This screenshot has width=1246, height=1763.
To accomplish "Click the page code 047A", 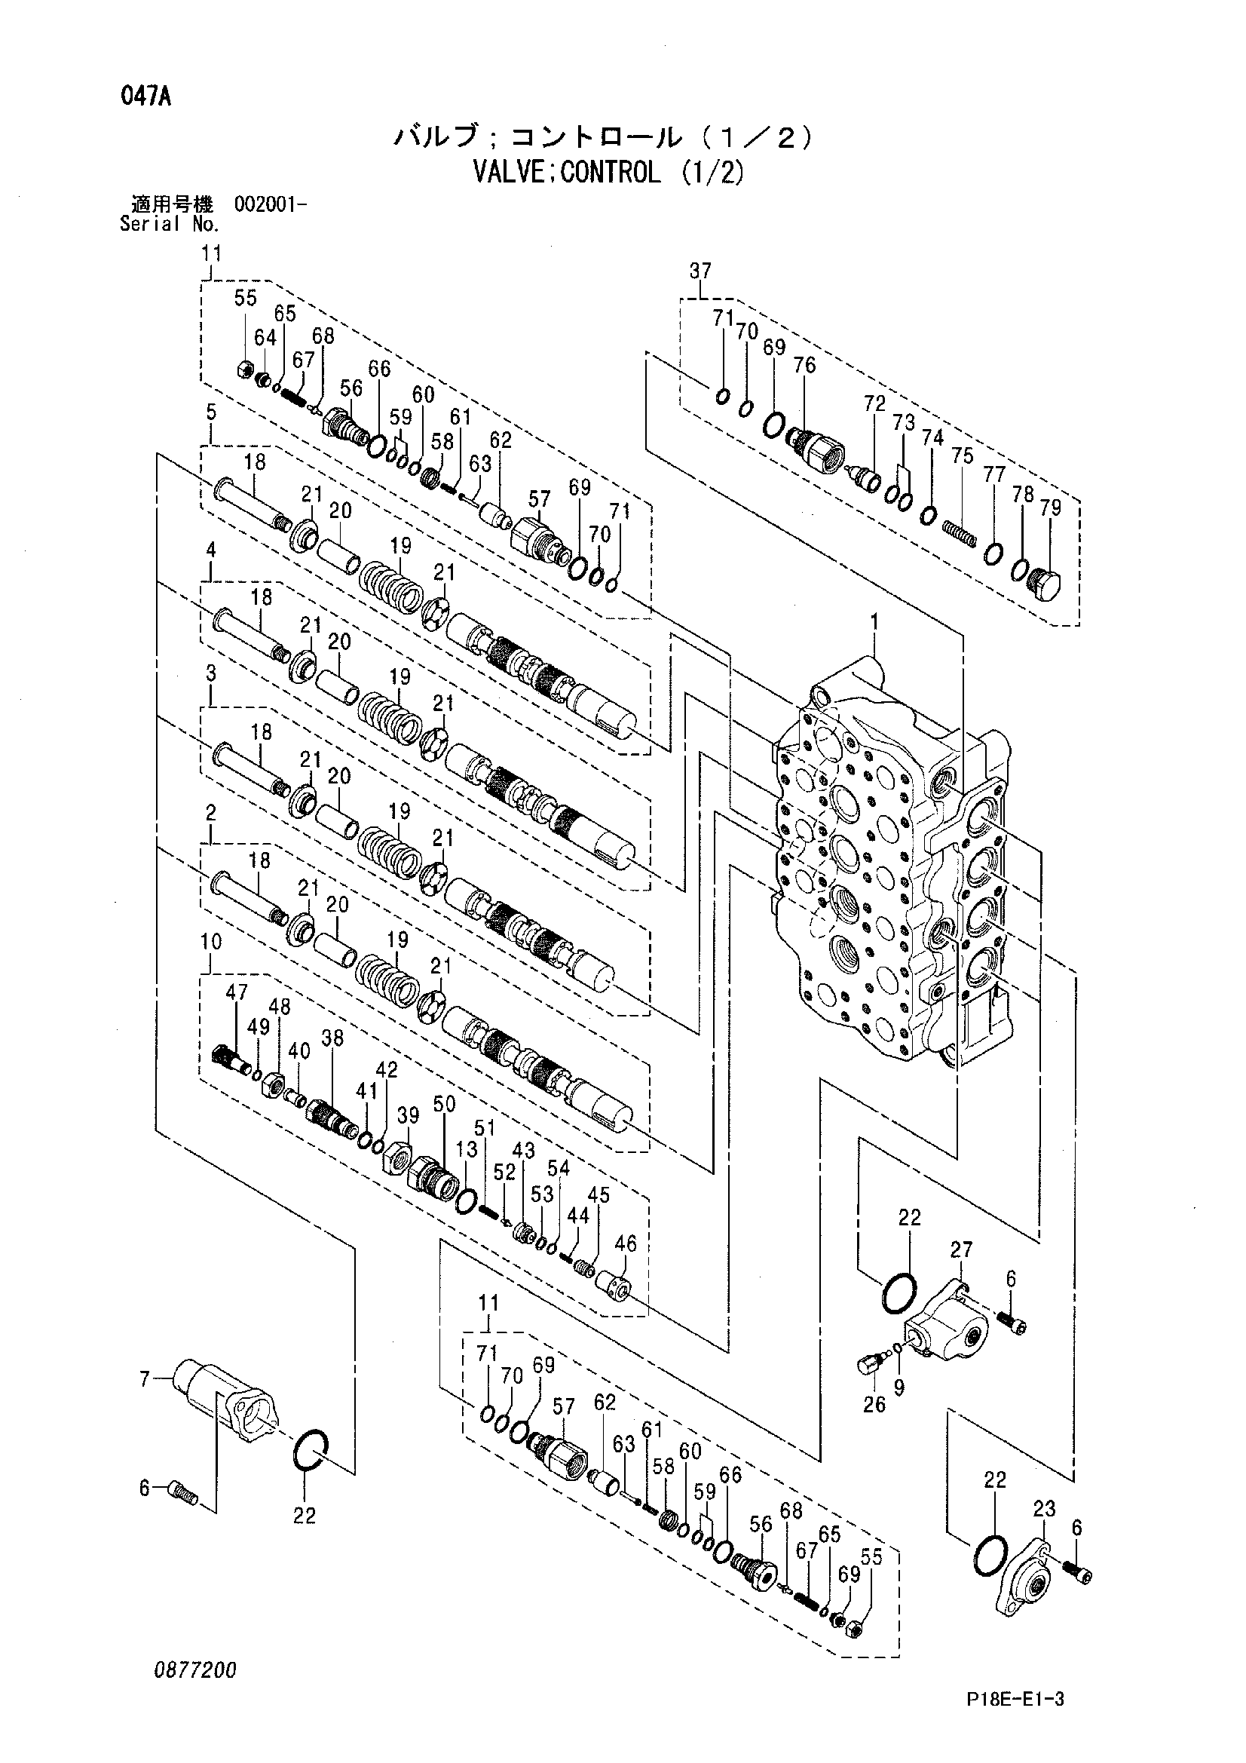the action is pyautogui.click(x=145, y=98).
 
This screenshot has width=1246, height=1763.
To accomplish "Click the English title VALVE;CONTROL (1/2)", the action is pyautogui.click(x=609, y=172).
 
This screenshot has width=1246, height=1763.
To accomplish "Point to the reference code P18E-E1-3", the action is pyautogui.click(x=1015, y=1699).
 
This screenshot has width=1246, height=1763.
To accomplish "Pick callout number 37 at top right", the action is pyautogui.click(x=700, y=270).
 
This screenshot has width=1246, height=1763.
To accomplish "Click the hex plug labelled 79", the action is pyautogui.click(x=1042, y=587).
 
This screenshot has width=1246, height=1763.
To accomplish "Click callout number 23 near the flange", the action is pyautogui.click(x=1044, y=1508).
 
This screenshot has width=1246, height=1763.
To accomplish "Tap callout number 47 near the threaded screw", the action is pyautogui.click(x=237, y=992).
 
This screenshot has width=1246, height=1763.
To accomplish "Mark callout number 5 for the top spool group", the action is pyautogui.click(x=211, y=412).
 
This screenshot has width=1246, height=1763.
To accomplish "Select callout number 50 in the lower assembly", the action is pyautogui.click(x=445, y=1104).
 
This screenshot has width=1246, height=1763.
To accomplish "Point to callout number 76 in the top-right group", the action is pyautogui.click(x=804, y=366).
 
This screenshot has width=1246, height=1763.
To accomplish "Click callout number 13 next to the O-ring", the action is pyautogui.click(x=466, y=1148).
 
